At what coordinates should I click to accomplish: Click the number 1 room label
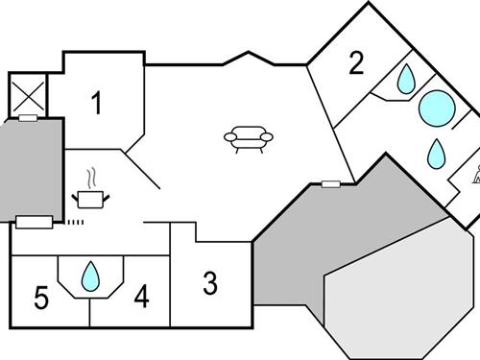tap(96, 103)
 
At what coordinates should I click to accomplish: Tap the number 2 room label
tap(356, 64)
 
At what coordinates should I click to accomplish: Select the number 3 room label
tap(210, 283)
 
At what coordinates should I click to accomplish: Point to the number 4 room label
tap(141, 298)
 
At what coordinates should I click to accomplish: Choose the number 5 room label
tap(40, 298)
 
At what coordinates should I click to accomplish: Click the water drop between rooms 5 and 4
tap(91, 276)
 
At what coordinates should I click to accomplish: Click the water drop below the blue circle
tap(437, 152)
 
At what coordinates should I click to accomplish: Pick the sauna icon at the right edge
tap(474, 175)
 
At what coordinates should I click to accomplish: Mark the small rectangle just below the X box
tap(28, 118)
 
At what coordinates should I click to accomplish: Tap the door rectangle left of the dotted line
tap(36, 223)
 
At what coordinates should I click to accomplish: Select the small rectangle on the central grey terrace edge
tap(331, 182)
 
